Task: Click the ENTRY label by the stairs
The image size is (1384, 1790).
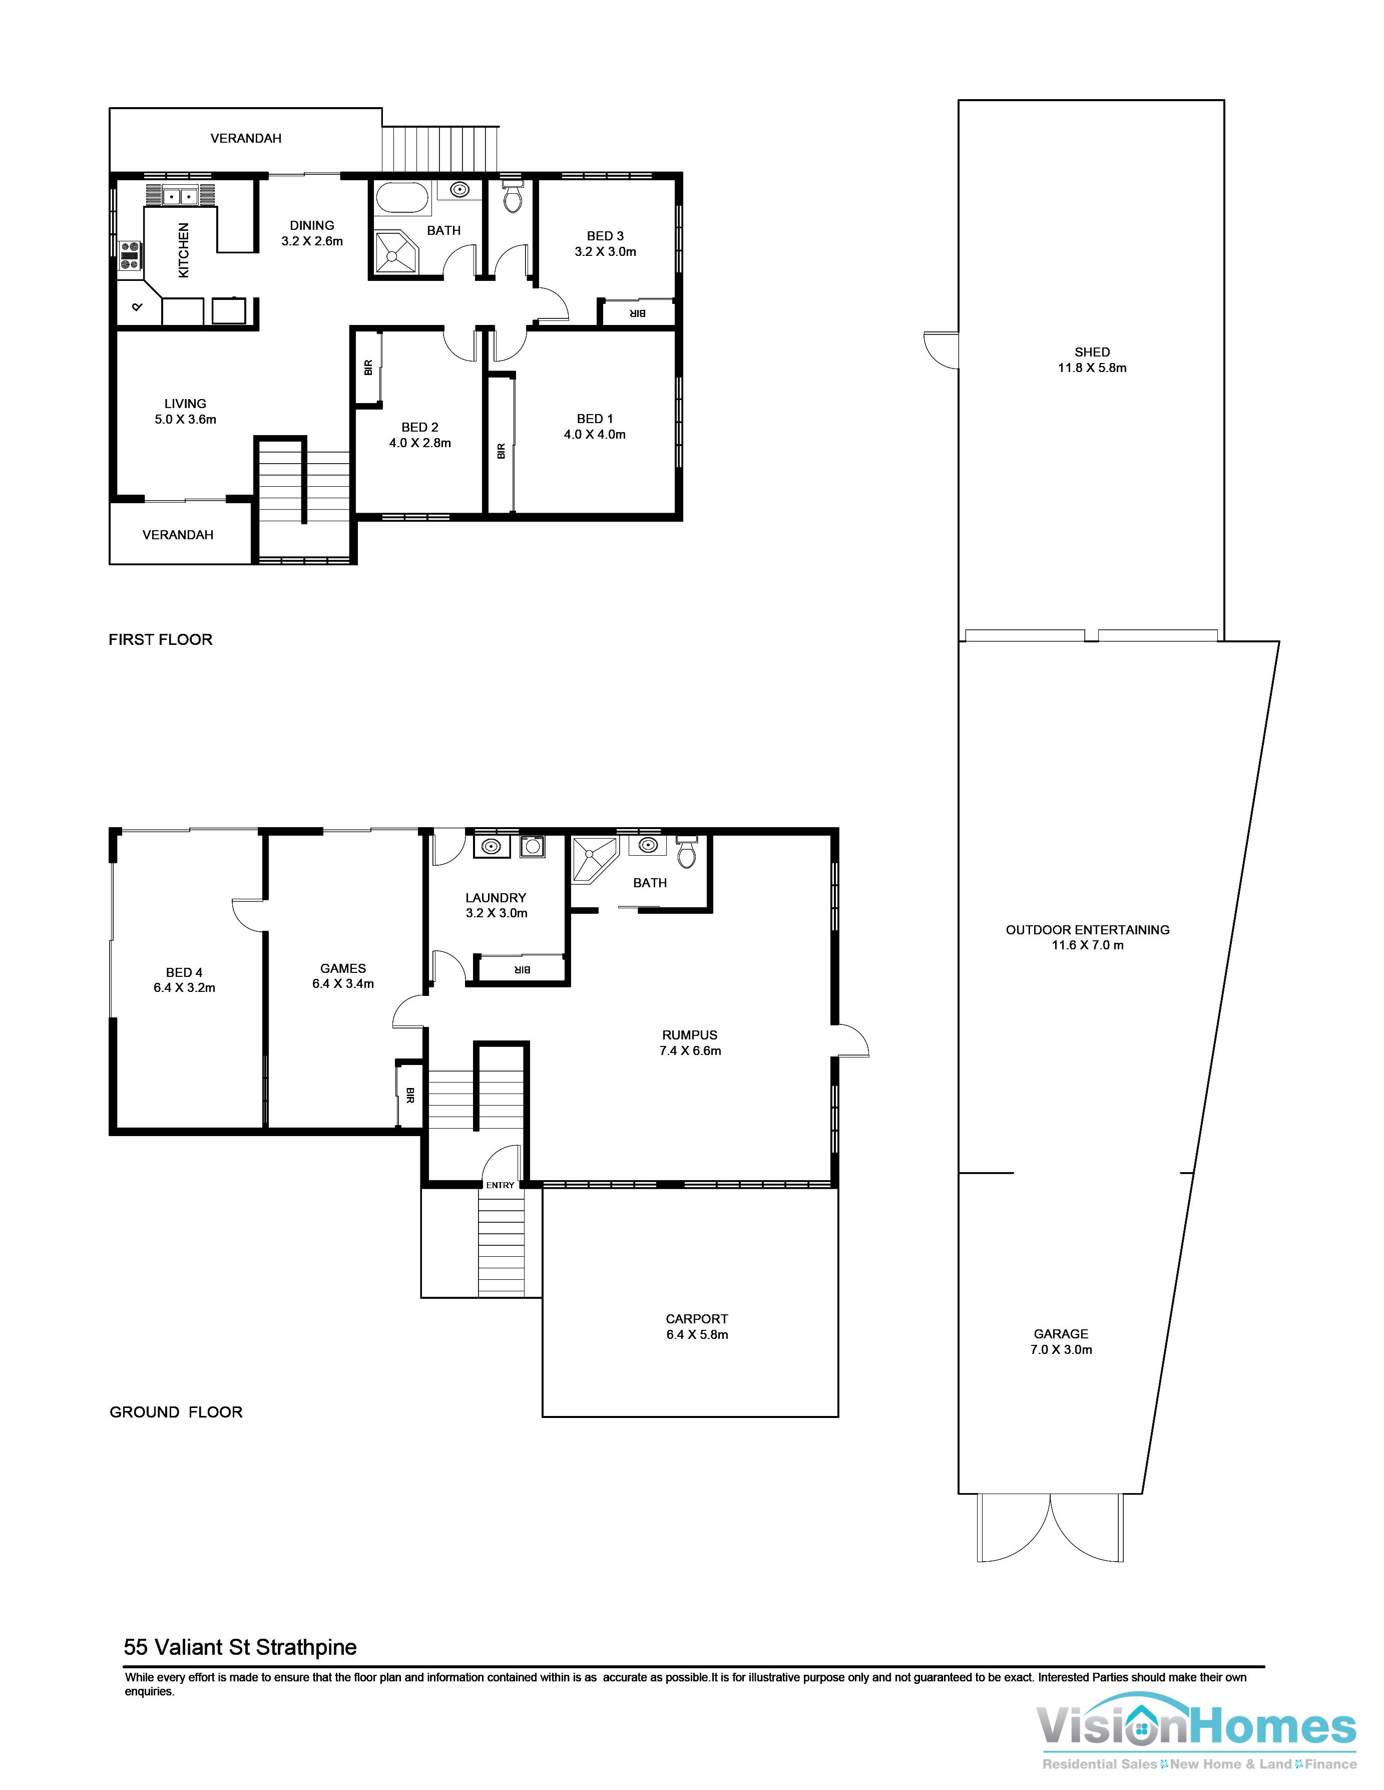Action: pyautogui.click(x=500, y=1185)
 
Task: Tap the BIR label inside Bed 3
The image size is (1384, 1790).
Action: pyautogui.click(x=638, y=313)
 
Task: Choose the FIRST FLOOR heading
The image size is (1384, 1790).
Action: pyautogui.click(x=161, y=639)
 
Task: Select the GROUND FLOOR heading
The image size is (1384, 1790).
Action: pyautogui.click(x=176, y=1412)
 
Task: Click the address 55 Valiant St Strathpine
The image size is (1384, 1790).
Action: pyautogui.click(x=240, y=1647)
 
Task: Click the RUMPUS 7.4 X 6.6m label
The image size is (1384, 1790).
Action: pyautogui.click(x=690, y=1042)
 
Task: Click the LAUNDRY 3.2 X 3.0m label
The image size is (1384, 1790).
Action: pyautogui.click(x=496, y=905)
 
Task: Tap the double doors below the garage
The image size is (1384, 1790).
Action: pyautogui.click(x=1050, y=1529)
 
